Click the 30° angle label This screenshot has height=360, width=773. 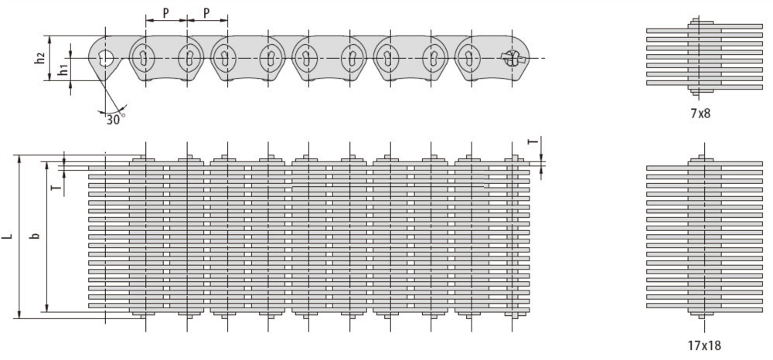[x=114, y=120]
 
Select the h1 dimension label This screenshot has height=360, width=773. [x=63, y=70]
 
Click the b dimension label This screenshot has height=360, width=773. [x=35, y=236]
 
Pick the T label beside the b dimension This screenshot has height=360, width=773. [x=58, y=187]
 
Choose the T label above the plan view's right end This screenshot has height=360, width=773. [x=532, y=141]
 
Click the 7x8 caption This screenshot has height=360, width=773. [x=700, y=114]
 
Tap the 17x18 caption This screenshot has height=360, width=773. [x=704, y=346]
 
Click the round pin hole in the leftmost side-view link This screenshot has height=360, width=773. [x=105, y=58]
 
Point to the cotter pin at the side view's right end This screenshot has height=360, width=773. [x=512, y=58]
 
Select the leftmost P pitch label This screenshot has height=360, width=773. [x=166, y=13]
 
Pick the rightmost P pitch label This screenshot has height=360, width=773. [x=207, y=13]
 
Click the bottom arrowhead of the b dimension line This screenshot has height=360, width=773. [x=47, y=307]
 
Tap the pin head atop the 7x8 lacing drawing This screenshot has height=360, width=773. [x=700, y=22]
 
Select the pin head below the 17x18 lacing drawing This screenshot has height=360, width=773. [x=700, y=314]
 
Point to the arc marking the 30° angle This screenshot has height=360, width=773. [x=114, y=110]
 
